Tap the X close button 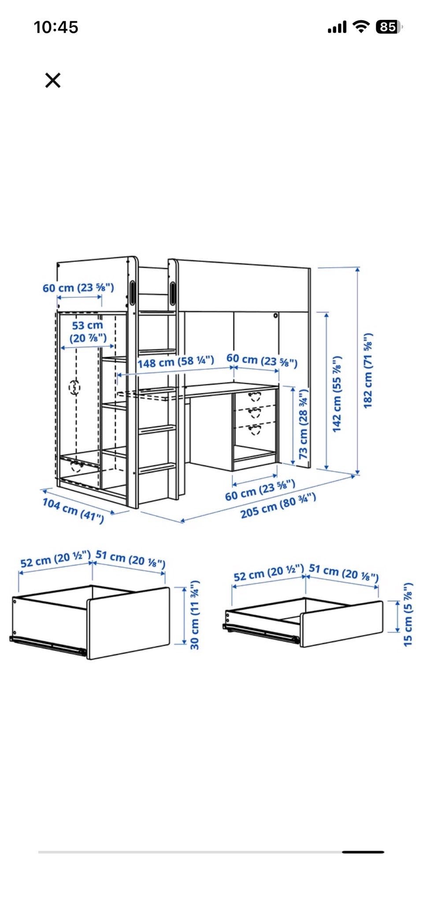53,80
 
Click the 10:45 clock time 56,27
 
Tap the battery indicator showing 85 389,27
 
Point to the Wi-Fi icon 361,27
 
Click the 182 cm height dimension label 368,371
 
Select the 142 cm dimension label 337,393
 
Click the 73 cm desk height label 304,423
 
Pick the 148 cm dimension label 176,362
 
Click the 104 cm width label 73,510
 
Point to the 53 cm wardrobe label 88,332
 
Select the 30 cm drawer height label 195,615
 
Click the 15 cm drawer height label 408,614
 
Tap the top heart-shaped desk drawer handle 255,396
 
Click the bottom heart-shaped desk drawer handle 255,429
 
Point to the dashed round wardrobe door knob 75,388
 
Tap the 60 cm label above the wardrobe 78,288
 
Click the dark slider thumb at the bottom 363,852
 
